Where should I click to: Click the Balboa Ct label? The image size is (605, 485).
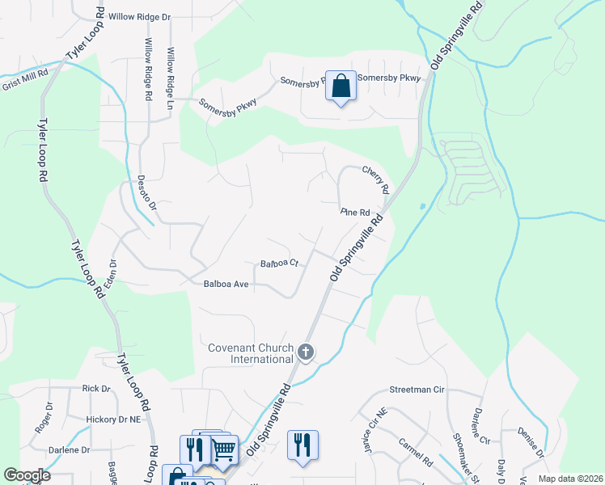[280, 264]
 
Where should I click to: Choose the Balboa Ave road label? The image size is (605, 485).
[226, 284]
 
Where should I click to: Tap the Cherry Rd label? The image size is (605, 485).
[377, 179]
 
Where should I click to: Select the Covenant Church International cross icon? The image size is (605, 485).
[306, 352]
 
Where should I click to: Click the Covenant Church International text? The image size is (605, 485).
[250, 353]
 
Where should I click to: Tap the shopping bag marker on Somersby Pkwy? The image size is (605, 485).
[341, 85]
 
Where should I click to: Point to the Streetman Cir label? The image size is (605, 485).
[417, 389]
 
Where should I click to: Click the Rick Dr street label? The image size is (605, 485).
[95, 389]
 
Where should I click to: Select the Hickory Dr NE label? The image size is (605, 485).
[114, 420]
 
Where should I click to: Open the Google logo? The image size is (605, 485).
[27, 475]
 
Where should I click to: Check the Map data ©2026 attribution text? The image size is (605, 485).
[568, 479]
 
